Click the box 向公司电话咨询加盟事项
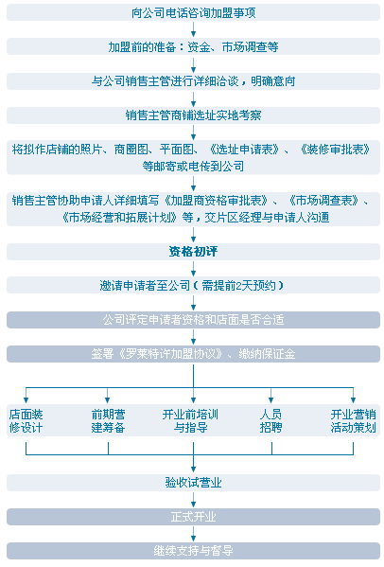click(x=193, y=12)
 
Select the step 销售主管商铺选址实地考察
click(x=193, y=115)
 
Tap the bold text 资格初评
click(x=193, y=252)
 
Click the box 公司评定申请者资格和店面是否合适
click(x=193, y=320)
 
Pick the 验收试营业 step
click(x=193, y=483)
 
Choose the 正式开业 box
click(x=193, y=517)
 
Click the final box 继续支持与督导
click(x=193, y=550)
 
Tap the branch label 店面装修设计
click(x=26, y=421)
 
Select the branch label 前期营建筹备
click(x=108, y=421)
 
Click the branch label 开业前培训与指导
click(x=190, y=421)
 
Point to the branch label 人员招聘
click(x=271, y=421)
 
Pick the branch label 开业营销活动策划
click(x=354, y=421)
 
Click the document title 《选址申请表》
click(x=245, y=149)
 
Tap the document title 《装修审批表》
click(x=335, y=149)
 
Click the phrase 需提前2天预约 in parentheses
click(x=238, y=286)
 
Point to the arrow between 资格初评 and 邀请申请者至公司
click(x=193, y=268)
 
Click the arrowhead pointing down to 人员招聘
click(x=271, y=400)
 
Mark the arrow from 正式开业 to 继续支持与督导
click(x=193, y=533)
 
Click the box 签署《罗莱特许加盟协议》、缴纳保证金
click(x=193, y=354)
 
